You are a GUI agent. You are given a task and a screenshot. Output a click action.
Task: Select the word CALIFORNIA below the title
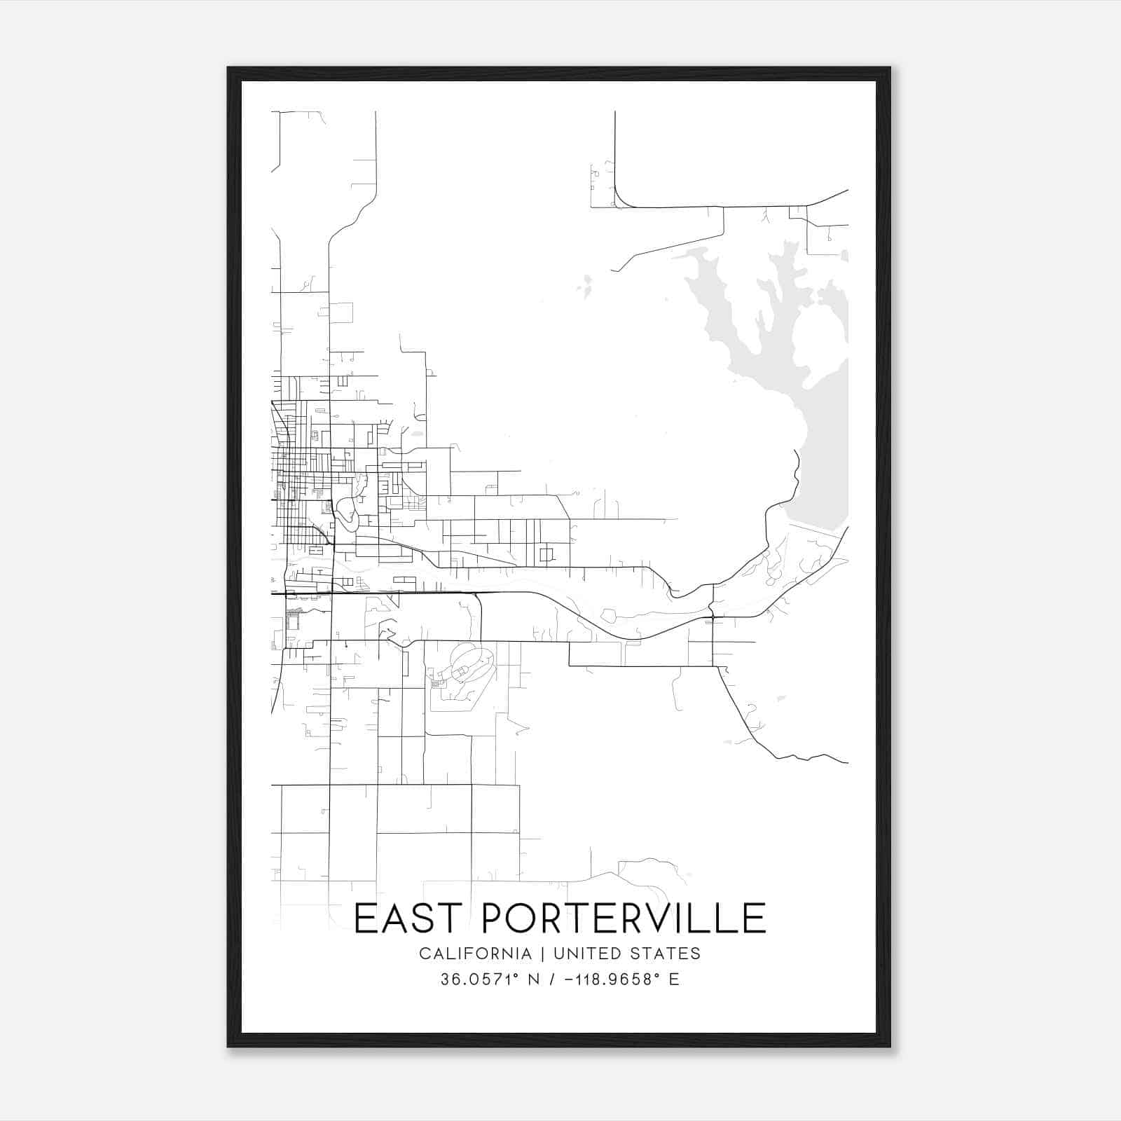(475, 954)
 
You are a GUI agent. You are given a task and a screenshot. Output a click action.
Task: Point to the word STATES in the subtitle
(666, 954)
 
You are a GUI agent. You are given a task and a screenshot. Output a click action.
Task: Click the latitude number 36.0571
(470, 979)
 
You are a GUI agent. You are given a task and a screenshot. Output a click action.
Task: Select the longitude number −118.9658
(605, 979)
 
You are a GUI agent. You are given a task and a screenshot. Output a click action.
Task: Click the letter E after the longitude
(674, 979)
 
